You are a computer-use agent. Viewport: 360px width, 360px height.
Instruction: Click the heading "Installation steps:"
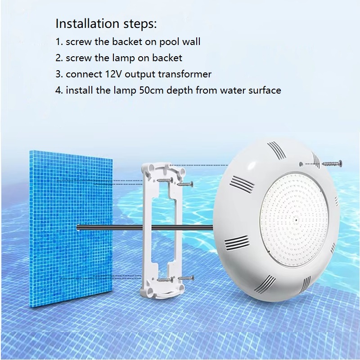[106, 24]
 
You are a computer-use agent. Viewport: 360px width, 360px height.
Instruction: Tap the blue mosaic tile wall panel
[71, 229]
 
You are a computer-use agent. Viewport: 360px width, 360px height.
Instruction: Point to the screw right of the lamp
[332, 163]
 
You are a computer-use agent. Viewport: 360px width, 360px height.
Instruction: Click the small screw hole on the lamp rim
[301, 164]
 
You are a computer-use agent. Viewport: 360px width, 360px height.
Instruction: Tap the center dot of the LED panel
[296, 220]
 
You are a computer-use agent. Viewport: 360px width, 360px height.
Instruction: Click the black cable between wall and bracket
[110, 227]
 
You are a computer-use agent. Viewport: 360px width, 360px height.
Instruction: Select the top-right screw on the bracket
[185, 184]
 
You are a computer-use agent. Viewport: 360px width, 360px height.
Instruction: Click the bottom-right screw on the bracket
[186, 279]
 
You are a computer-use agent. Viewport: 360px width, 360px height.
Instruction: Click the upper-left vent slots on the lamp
[242, 184]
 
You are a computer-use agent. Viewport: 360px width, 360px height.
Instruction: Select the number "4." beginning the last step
[59, 90]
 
